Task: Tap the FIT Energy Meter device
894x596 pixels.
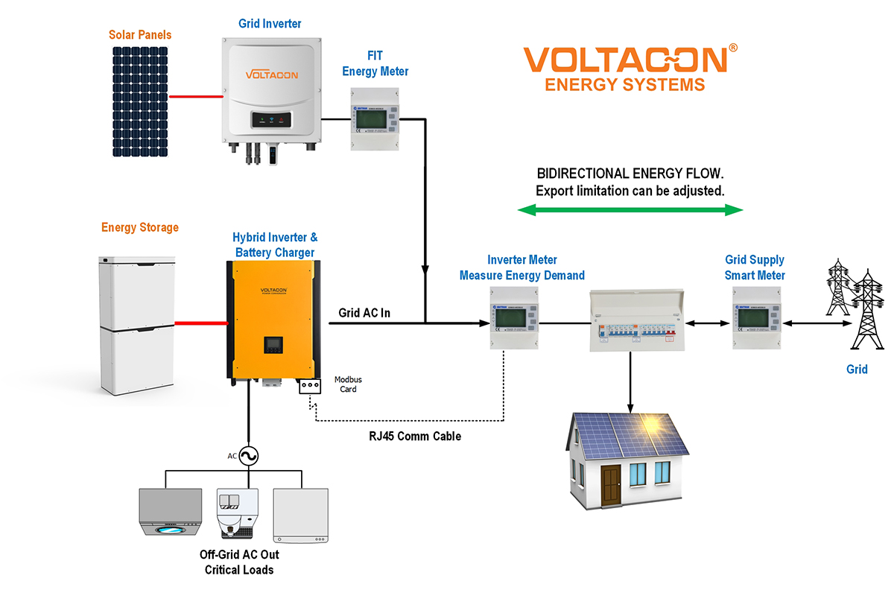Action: (x=375, y=118)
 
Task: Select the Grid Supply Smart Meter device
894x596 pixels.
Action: (x=755, y=324)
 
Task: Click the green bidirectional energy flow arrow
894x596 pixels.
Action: (x=630, y=210)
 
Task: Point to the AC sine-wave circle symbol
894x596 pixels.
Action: (x=250, y=456)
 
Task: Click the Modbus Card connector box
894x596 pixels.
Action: (x=308, y=386)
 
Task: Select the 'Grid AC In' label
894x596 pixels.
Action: (x=364, y=313)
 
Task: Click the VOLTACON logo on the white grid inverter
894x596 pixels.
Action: (x=271, y=75)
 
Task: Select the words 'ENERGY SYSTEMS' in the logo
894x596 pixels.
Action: (x=624, y=85)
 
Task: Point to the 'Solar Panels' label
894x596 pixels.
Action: (x=140, y=35)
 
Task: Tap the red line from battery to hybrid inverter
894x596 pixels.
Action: (x=201, y=323)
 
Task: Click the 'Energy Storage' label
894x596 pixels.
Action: (x=140, y=227)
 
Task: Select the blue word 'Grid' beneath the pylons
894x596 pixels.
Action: (x=857, y=369)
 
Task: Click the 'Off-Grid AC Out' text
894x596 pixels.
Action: (x=239, y=555)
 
